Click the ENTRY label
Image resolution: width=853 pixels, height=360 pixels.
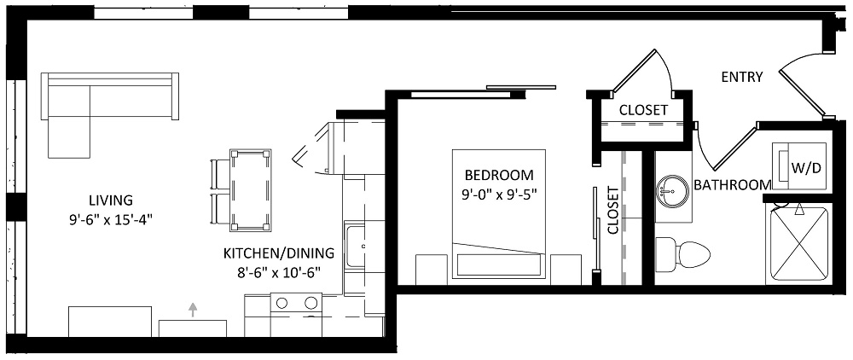point(741,78)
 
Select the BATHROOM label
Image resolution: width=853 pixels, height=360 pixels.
point(732,185)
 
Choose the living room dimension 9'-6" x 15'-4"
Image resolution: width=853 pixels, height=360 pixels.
point(112,220)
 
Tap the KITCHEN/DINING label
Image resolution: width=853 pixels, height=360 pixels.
point(279,253)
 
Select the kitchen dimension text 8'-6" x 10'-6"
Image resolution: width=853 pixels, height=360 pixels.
point(279,272)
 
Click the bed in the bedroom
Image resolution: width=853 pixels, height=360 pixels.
point(499,214)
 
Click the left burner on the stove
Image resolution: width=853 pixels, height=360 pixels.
point(281,302)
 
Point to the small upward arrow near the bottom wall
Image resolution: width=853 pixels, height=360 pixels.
point(192,310)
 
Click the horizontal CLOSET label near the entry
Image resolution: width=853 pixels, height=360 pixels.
point(643,110)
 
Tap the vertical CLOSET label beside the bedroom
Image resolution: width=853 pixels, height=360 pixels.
point(613,211)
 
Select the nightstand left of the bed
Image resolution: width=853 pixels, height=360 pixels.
point(432,270)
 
